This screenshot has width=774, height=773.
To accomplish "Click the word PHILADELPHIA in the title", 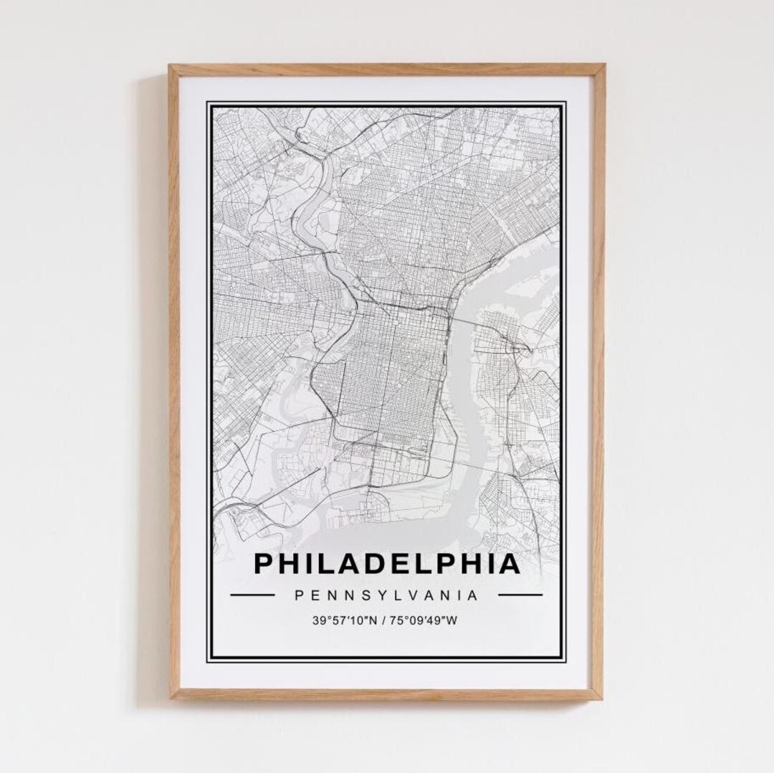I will coord(387,564).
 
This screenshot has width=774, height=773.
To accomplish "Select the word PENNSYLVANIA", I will coord(387,594).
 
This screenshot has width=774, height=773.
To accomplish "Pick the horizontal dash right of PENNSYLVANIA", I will coord(520,594).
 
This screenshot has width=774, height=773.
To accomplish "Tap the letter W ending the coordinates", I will coord(451,620).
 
